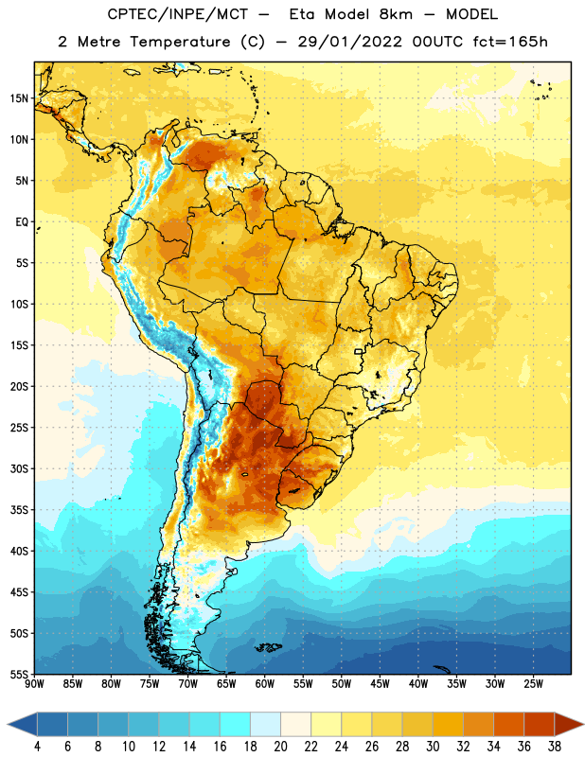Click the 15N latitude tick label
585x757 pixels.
click(x=19, y=98)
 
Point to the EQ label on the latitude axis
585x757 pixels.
click(x=22, y=222)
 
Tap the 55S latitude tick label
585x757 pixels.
click(x=19, y=675)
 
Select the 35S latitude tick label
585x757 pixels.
click(x=19, y=510)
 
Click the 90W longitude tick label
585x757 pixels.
click(x=34, y=684)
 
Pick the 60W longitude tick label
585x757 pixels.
click(x=265, y=684)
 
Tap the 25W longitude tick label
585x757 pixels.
click(x=533, y=684)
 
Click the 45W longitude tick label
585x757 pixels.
click(x=380, y=684)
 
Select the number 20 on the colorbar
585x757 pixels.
click(x=280, y=747)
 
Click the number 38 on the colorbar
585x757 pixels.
click(x=555, y=747)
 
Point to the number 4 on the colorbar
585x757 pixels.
click(x=37, y=747)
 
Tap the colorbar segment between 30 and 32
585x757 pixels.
click(x=448, y=724)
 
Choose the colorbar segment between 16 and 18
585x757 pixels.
click(x=235, y=724)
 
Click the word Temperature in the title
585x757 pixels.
click(x=180, y=42)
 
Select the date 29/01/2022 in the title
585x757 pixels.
click(x=349, y=42)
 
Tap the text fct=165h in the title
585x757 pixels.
click(x=510, y=42)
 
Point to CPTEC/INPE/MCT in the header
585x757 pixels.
click(x=177, y=14)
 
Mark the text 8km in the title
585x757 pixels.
click(x=396, y=14)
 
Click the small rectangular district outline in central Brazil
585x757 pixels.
click(x=359, y=351)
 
